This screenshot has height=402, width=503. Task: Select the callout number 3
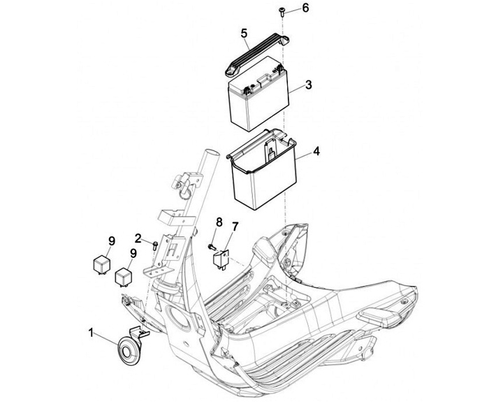308,85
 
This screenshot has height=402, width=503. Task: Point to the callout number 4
316,151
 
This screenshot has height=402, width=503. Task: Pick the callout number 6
305,8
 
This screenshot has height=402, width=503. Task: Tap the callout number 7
235,226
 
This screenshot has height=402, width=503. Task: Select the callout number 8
219,222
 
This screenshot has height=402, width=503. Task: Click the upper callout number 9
112,241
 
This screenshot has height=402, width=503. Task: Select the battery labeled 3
256,103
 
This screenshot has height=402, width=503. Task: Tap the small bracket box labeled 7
222,257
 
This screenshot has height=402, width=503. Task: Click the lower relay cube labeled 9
124,276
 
